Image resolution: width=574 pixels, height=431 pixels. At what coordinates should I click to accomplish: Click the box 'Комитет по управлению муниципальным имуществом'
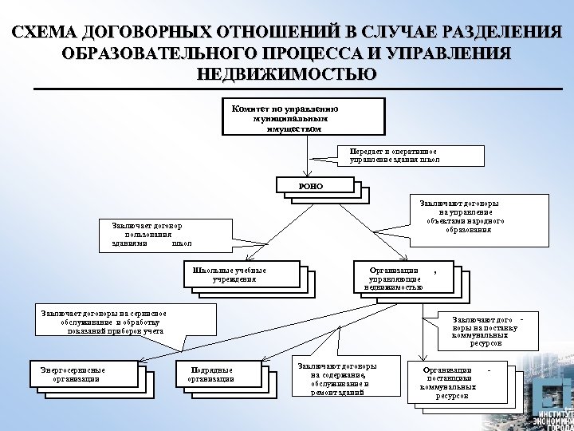[302, 117]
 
